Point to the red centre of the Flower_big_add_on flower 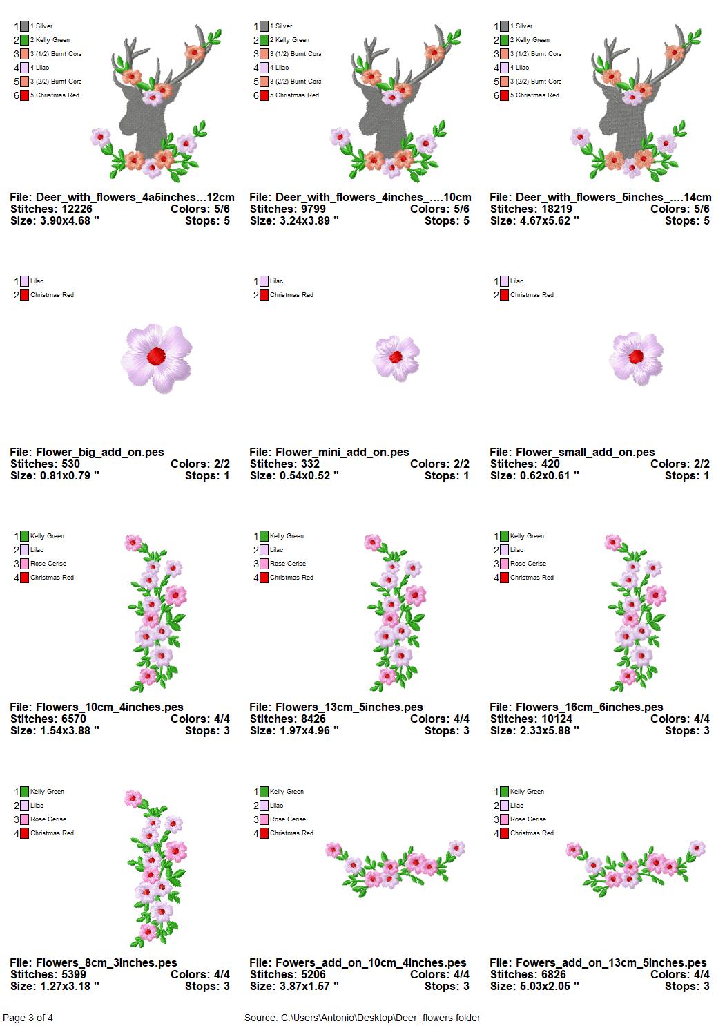coord(157,355)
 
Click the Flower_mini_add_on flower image coord(396,358)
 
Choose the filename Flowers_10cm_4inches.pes coord(109,707)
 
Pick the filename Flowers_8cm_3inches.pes coord(106,962)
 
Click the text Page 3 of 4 coord(28,1018)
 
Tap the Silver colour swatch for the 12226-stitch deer coord(24,26)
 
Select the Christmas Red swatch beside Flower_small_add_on coord(504,295)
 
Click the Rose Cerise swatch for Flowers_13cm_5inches coord(264,564)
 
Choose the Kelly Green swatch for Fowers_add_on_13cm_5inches coord(504,792)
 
